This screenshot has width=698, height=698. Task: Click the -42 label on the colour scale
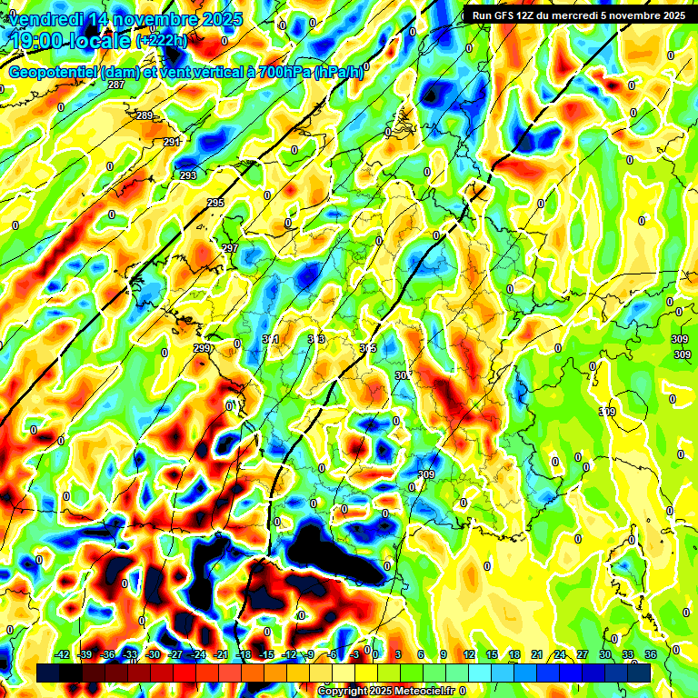pyautogui.click(x=63, y=654)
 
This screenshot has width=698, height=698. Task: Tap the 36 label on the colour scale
pyautogui.click(x=651, y=654)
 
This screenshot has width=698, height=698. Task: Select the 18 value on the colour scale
pyautogui.click(x=515, y=654)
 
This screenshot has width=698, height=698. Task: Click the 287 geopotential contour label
pyautogui.click(x=115, y=85)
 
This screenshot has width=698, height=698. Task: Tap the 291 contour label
pyautogui.click(x=172, y=143)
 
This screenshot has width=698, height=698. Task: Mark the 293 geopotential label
pyautogui.click(x=188, y=175)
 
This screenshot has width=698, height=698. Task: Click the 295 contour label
pyautogui.click(x=215, y=203)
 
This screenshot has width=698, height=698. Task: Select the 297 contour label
pyautogui.click(x=230, y=248)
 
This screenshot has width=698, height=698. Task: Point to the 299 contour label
pyautogui.click(x=201, y=348)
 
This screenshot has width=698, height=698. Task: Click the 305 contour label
pyautogui.click(x=367, y=348)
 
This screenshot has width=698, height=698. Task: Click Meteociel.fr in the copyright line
pyautogui.click(x=422, y=692)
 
